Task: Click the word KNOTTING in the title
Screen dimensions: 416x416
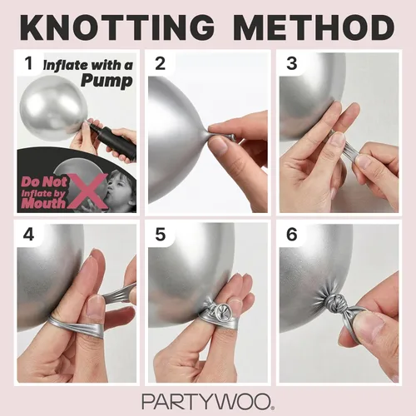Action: tap(117, 27)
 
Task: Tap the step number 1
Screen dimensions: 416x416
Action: tap(28, 63)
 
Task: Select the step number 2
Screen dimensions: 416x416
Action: tap(161, 63)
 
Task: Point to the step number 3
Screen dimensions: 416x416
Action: tap(292, 63)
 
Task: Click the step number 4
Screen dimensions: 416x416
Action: tap(28, 235)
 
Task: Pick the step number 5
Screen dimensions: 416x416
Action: tap(161, 235)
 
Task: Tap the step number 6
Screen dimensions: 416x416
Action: tap(292, 235)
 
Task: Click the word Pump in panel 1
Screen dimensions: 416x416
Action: tap(107, 81)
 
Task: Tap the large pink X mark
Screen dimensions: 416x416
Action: tap(88, 191)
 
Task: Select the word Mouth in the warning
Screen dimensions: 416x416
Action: tap(43, 203)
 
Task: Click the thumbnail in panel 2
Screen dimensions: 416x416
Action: tap(219, 144)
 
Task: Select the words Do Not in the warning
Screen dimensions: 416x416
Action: tap(44, 181)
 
